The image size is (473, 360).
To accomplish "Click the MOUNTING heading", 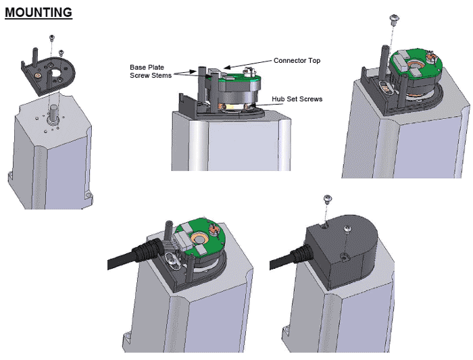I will coord(38,12).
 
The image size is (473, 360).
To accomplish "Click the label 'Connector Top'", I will coord(297,61).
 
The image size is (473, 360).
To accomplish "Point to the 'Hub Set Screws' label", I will coord(297,99).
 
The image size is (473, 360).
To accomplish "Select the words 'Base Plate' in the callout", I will coord(146,68).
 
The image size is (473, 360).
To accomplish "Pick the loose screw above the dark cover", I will coord(327,199).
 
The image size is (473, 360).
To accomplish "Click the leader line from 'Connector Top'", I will coord(251,65).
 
